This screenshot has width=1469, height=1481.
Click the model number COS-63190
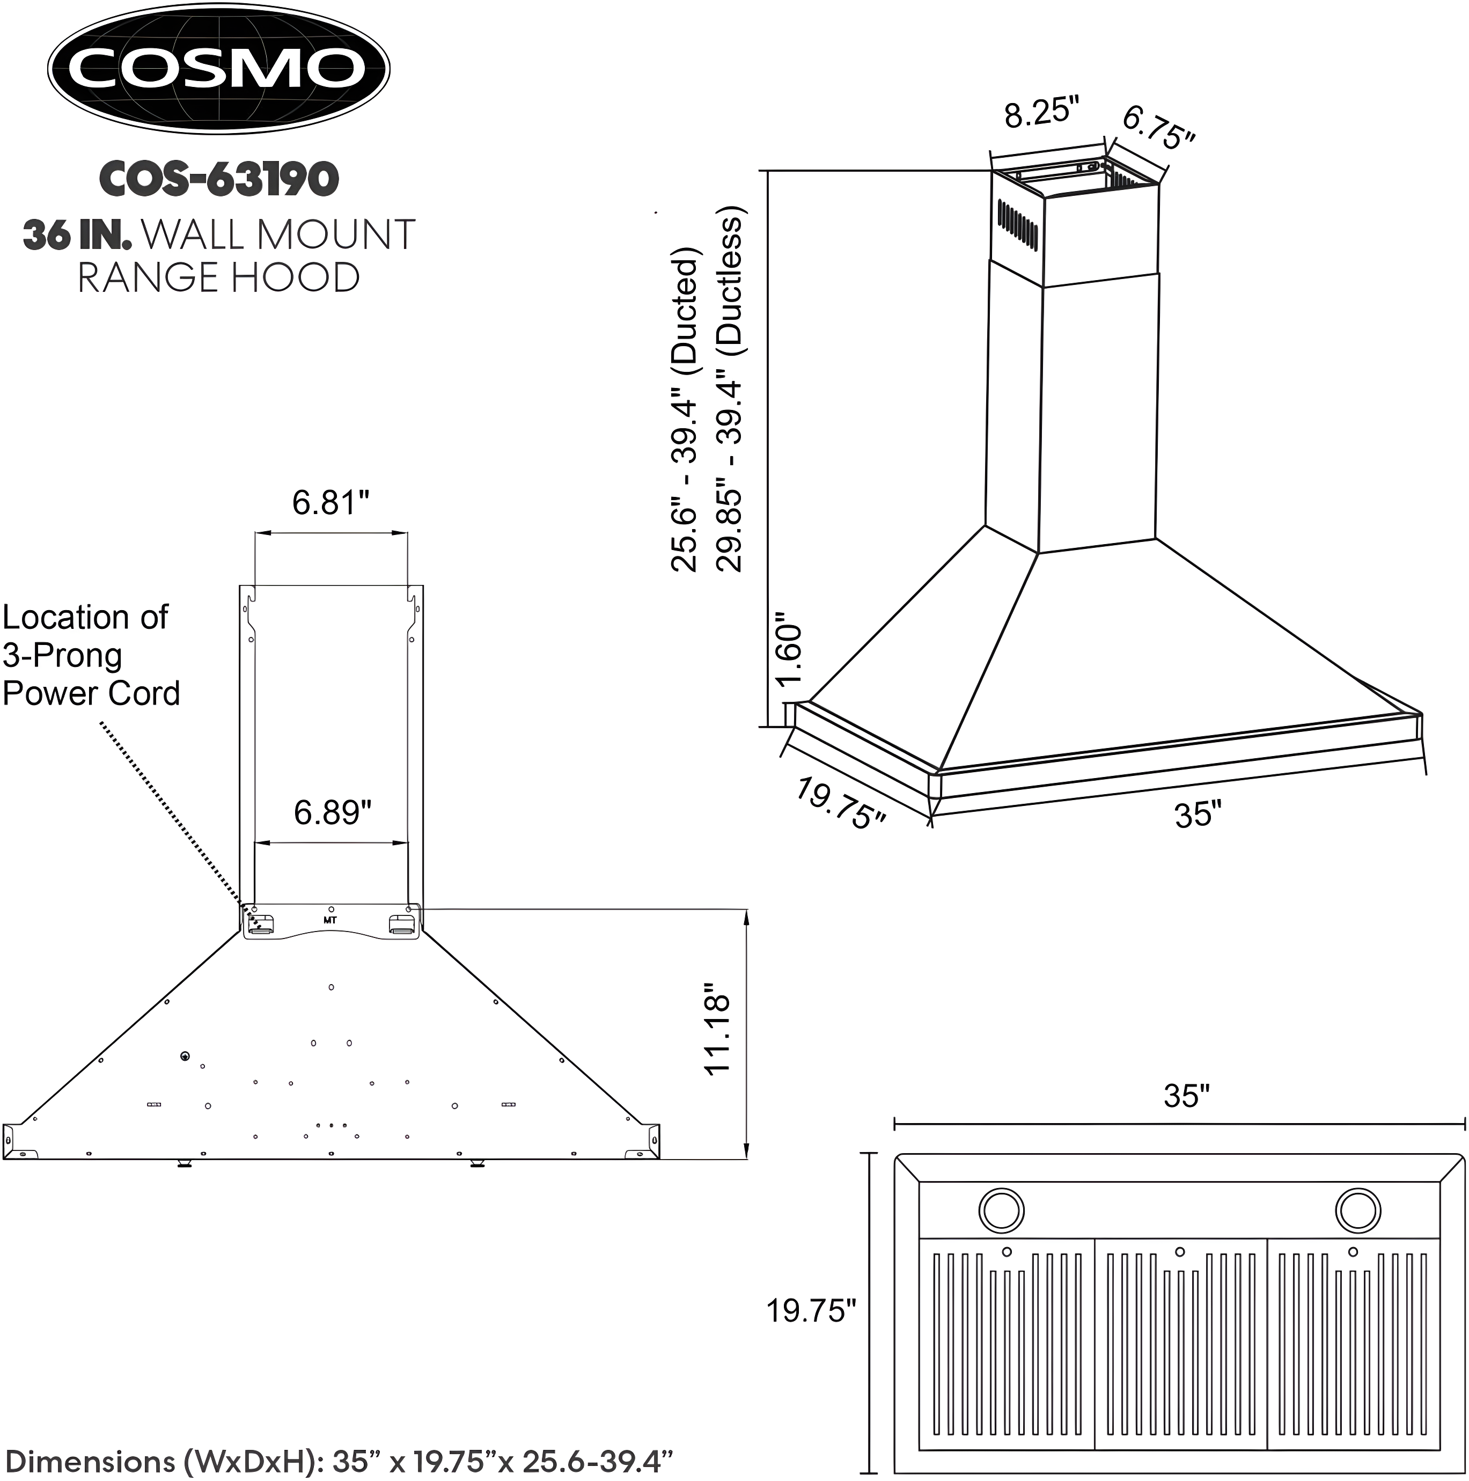218,179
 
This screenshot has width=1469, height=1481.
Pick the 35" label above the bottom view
1186,1096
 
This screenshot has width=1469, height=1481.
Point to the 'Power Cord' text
91,693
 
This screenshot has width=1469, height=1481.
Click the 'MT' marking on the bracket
330,920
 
